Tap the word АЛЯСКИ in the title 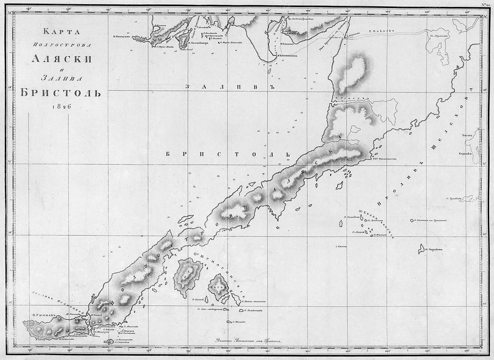click(57, 58)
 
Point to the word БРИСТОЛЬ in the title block click(57, 92)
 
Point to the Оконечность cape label click(381, 158)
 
